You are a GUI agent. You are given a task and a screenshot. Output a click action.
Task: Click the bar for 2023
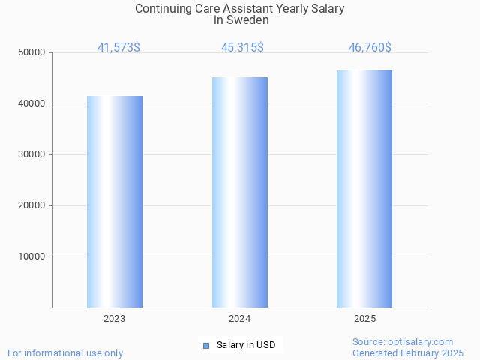coord(115,202)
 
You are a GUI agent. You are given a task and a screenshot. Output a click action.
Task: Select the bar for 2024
coord(240,192)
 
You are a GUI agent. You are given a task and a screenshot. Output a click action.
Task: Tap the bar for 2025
coord(364,188)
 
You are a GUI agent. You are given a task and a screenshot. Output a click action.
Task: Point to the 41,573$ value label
coord(118,48)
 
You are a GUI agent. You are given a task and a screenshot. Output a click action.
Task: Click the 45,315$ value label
coord(242,48)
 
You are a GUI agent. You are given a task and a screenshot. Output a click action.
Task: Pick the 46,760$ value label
coord(370,48)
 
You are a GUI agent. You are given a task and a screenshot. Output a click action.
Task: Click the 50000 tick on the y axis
coord(32,52)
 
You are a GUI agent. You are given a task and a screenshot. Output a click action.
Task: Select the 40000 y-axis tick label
coord(32,103)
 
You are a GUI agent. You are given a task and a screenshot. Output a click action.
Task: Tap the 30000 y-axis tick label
coord(32,154)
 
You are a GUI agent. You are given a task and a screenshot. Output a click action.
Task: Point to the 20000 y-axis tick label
coord(32,205)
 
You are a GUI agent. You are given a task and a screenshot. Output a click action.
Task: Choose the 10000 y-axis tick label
coord(32,256)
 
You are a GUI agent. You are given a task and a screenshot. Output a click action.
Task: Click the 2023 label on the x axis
coord(115,319)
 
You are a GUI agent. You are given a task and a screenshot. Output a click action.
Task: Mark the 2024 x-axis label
coord(240,319)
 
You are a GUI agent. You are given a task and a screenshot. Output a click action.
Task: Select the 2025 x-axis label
coord(364,319)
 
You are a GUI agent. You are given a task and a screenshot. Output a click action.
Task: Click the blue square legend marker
coord(206,345)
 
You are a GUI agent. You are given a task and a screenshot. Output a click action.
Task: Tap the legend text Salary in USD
coord(246,345)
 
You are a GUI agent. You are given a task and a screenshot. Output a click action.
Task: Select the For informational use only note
coord(65,352)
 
